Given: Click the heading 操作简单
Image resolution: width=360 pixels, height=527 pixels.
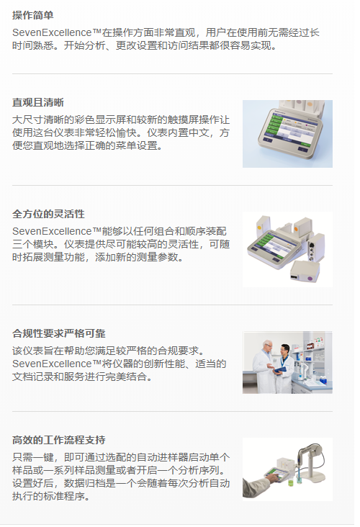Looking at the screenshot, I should pos(32,15).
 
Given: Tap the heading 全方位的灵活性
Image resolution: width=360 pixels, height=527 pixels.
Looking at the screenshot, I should pos(48,214).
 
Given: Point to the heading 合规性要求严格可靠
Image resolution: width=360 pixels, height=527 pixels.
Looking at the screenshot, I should pos(59,333).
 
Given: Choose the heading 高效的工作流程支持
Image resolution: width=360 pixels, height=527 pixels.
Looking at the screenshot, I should pos(59,440).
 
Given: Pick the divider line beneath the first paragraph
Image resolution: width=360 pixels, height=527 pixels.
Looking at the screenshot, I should pos(173,73).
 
